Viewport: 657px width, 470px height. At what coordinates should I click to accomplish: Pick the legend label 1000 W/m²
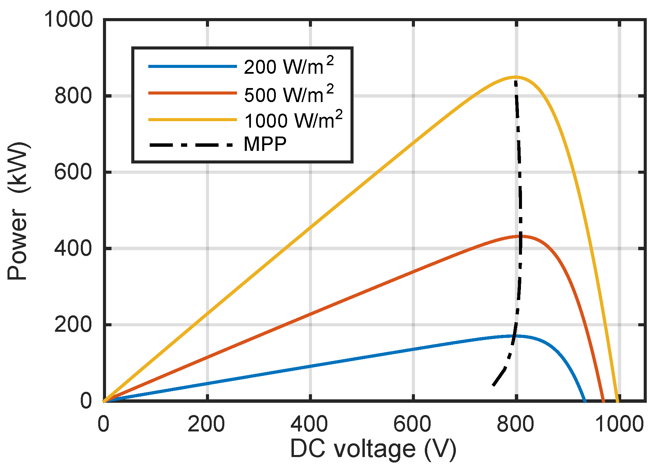click(x=293, y=120)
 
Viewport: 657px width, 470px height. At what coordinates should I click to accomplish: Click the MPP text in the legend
click(x=265, y=144)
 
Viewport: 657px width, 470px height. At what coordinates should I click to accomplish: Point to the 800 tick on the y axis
click(x=73, y=96)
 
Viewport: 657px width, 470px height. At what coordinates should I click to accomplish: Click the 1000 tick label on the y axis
click(x=68, y=19)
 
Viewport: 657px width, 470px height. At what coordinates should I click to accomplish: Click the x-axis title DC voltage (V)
click(x=373, y=449)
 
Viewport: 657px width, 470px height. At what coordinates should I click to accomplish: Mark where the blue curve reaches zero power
click(x=584, y=401)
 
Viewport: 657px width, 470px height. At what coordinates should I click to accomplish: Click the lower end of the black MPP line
click(x=493, y=385)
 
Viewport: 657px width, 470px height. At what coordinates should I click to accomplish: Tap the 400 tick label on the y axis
click(x=73, y=248)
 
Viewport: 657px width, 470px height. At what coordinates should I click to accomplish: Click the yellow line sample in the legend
click(x=192, y=120)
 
